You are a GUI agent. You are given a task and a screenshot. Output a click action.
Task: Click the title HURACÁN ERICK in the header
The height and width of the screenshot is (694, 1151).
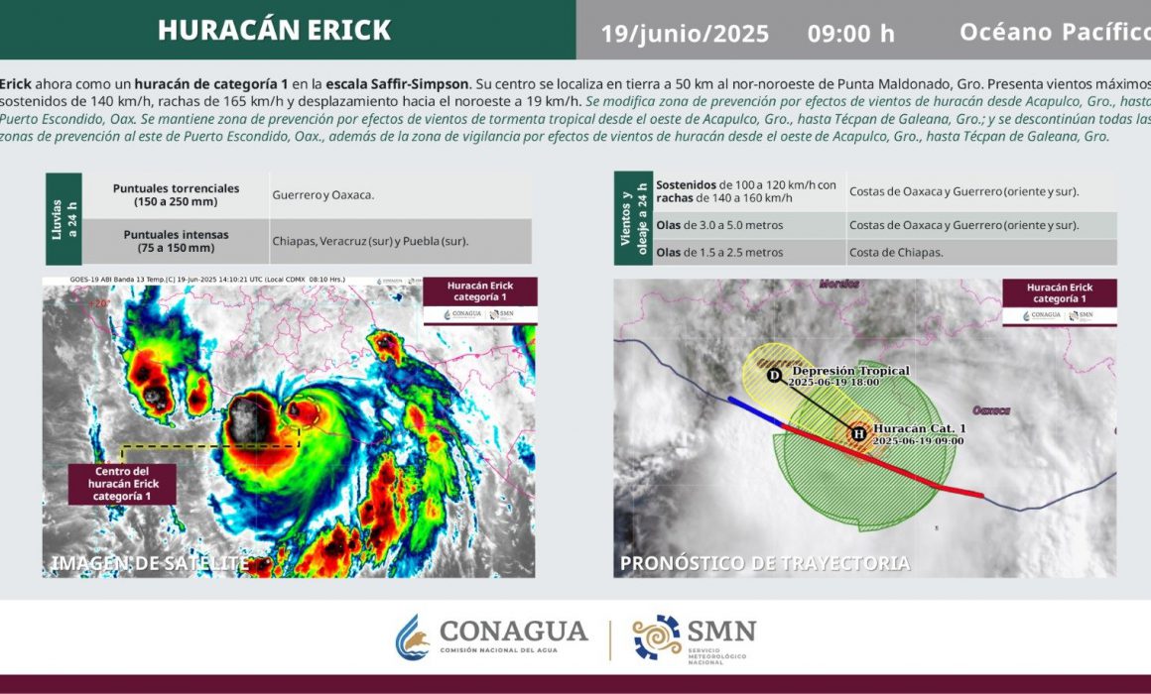coord(274,30)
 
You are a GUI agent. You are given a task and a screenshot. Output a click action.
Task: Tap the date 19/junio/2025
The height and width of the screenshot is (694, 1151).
coord(685,34)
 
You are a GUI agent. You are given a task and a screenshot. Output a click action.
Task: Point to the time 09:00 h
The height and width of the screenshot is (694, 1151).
coord(850,34)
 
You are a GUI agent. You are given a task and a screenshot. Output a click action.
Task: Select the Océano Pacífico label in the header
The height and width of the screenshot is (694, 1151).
coord(1054,32)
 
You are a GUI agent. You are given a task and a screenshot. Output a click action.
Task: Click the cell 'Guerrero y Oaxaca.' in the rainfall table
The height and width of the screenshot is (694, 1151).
coord(323,195)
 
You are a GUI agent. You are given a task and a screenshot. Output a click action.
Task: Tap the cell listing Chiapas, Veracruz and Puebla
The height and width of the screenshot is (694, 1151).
coord(370,241)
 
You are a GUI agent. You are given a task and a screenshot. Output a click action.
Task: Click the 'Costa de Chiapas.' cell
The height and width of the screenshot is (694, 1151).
coord(896,253)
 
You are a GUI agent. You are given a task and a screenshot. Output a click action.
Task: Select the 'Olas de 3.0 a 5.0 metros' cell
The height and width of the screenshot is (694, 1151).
coord(719,225)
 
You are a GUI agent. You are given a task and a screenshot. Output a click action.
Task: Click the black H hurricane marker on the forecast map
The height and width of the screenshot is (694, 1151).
coord(858,433)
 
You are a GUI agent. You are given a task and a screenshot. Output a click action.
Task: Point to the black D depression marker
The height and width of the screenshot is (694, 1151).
coord(774,375)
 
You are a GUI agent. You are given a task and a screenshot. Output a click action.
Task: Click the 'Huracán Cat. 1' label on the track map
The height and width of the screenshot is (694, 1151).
coord(918,428)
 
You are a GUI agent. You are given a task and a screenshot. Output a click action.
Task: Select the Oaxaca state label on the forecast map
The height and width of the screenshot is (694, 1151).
coord(991,409)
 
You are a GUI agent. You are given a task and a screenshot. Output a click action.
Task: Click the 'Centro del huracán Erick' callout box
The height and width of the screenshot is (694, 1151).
coord(122,483)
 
